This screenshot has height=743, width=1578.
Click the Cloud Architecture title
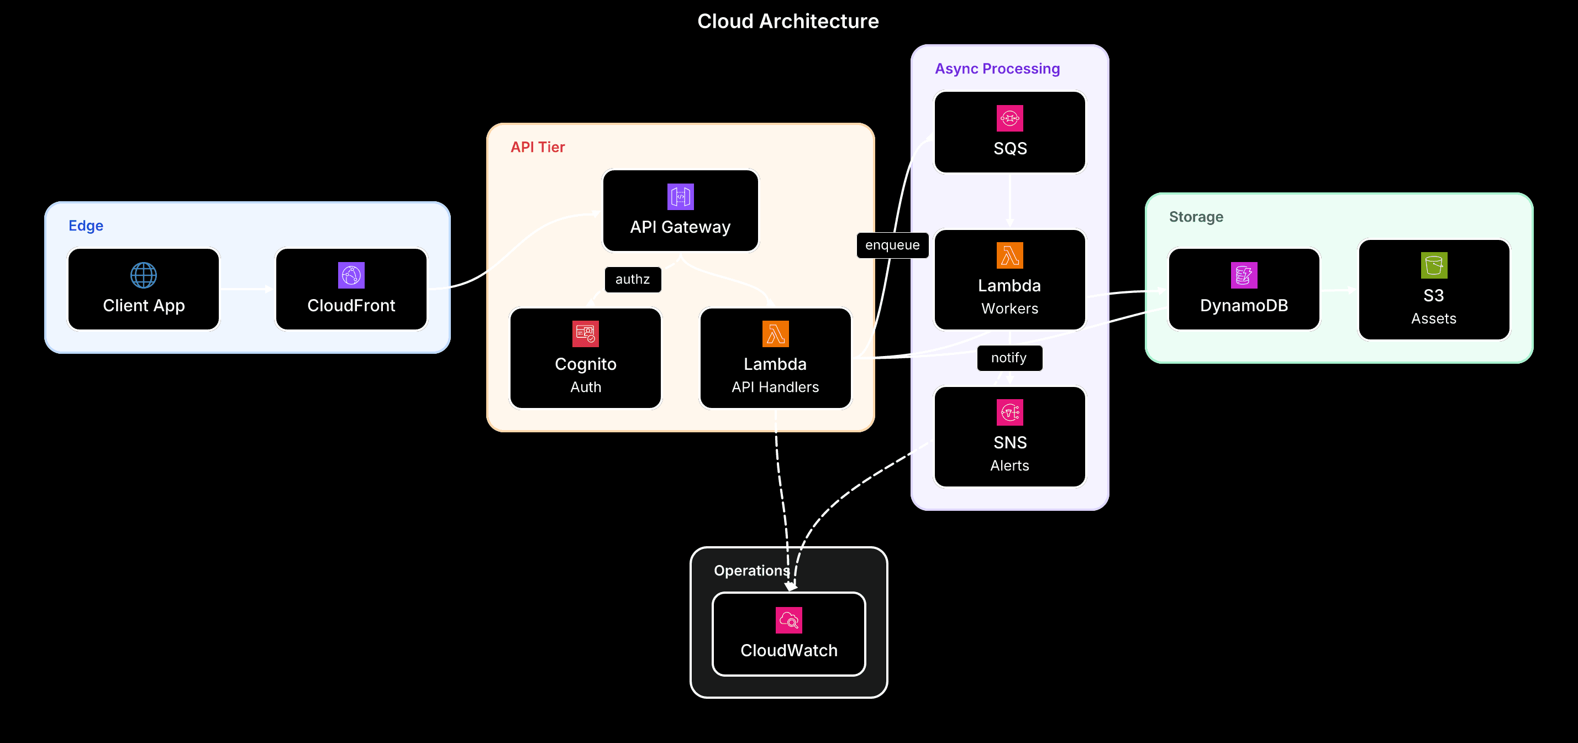click(x=788, y=22)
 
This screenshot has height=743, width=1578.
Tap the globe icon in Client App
click(x=143, y=275)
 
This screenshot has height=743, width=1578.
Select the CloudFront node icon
click(x=351, y=275)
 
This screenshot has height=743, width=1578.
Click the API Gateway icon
click(x=680, y=197)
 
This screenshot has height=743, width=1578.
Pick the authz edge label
click(x=632, y=280)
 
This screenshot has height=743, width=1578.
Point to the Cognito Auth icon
click(x=585, y=334)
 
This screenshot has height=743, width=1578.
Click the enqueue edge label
click(x=892, y=245)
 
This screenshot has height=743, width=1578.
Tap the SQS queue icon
click(x=1009, y=118)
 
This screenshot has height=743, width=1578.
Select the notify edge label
click(x=1009, y=358)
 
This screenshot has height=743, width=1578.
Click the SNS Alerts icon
click(x=1009, y=412)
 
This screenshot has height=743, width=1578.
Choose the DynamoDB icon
click(x=1244, y=275)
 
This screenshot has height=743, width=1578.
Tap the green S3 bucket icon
click(x=1433, y=265)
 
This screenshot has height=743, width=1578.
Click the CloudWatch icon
click(x=788, y=620)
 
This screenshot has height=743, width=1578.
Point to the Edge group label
click(x=86, y=226)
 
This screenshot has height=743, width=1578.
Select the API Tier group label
click(x=537, y=147)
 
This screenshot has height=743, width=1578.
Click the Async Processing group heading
click(x=997, y=69)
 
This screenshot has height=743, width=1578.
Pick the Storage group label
click(x=1196, y=217)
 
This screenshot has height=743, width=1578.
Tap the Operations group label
click(x=751, y=571)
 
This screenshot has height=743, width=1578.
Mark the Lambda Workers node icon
click(x=1009, y=255)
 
